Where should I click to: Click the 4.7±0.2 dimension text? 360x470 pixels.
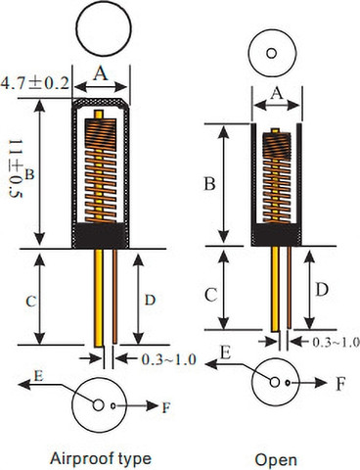point(35,83)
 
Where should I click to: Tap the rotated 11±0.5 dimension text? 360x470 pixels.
point(16,168)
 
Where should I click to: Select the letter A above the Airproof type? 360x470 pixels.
point(101,72)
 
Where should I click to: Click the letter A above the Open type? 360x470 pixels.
point(277,94)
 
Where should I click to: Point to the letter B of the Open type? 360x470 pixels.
point(209,183)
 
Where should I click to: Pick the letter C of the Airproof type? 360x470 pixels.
point(30,302)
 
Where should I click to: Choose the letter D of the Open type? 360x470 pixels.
point(322,290)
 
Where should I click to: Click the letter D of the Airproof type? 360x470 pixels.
point(150,300)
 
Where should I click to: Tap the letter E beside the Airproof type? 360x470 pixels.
point(38,376)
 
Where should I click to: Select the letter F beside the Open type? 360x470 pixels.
point(340,384)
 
